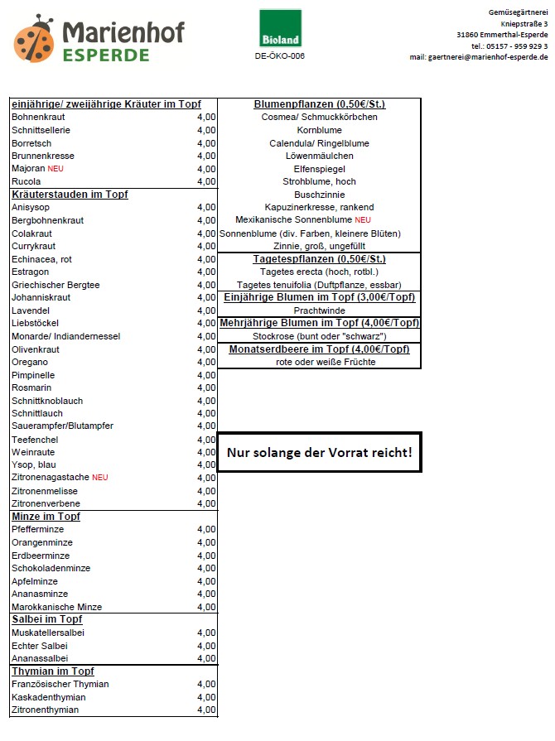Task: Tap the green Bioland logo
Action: [x=280, y=28]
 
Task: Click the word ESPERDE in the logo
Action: [x=106, y=55]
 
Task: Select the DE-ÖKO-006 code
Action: [x=280, y=56]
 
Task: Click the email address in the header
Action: [x=478, y=57]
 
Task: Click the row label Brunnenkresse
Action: [x=43, y=156]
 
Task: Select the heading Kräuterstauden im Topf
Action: [x=70, y=195]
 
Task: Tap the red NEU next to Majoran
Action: [x=55, y=169]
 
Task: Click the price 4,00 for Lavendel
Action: [x=206, y=310]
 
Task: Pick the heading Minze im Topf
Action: [x=46, y=517]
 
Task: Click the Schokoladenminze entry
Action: [x=51, y=568]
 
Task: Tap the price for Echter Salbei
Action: [x=206, y=646]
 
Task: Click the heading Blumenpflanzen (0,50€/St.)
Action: [x=319, y=104]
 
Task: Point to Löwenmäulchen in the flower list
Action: [x=319, y=156]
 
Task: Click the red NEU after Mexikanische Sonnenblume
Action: [x=363, y=220]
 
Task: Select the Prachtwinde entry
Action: [x=319, y=310]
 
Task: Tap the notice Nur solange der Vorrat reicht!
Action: [x=319, y=453]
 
